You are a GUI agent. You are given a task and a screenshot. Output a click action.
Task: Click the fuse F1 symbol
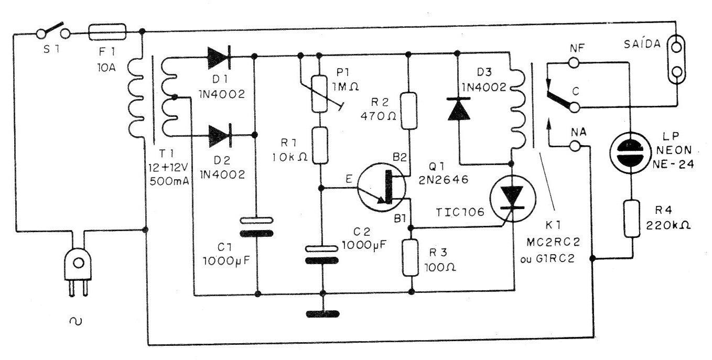107,32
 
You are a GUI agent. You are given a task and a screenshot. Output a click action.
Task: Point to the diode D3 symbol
459,108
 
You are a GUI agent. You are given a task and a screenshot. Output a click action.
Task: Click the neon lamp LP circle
630,152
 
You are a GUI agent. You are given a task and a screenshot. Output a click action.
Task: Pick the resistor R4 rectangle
632,219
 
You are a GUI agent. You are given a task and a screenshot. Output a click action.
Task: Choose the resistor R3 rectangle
411,258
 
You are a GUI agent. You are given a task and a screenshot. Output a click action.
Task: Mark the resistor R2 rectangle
409,111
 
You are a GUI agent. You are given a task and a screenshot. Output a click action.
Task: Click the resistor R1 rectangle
320,146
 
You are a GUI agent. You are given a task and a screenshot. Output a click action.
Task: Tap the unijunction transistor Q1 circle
382,187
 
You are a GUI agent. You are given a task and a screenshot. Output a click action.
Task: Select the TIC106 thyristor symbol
512,198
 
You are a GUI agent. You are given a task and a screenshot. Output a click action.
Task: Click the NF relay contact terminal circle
574,62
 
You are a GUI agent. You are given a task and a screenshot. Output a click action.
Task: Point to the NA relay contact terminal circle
575,146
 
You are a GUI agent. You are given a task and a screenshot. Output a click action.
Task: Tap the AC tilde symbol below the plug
75,321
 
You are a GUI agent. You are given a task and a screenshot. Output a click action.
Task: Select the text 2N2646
444,180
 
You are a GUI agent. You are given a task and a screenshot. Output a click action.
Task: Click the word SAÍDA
642,44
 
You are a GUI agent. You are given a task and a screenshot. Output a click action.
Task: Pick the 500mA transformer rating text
169,181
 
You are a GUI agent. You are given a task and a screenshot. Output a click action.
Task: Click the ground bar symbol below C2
322,314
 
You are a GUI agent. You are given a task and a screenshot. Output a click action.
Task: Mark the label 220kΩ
668,225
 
